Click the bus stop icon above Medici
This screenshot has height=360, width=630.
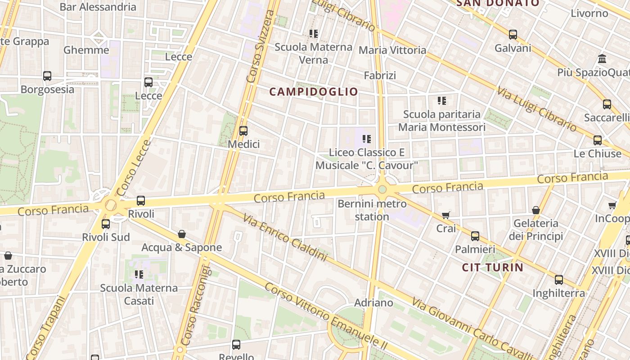coord(243,131)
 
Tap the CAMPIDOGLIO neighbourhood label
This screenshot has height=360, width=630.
coord(314,92)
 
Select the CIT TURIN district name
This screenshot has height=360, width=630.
coord(493,268)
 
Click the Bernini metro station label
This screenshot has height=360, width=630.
coord(372,210)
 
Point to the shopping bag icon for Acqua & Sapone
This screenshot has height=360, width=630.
coord(182,234)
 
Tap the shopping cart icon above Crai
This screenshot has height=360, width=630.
coord(446,216)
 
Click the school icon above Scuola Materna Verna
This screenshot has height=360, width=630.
coord(314,33)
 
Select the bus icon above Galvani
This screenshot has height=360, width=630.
coord(513,35)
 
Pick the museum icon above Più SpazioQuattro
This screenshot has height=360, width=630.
coord(602,59)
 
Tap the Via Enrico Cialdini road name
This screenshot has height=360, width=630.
coord(285,238)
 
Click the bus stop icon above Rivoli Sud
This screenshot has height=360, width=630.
coord(106,224)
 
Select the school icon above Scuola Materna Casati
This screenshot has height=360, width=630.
coord(139,274)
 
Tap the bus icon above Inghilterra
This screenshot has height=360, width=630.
coord(558,280)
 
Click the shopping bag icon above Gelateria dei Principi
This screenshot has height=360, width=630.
coord(536,210)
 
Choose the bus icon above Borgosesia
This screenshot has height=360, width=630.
coord(47,76)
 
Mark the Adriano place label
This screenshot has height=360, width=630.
coord(373,302)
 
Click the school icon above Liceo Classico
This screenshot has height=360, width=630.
coord(367,139)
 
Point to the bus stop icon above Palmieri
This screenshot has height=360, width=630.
coord(475,236)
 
